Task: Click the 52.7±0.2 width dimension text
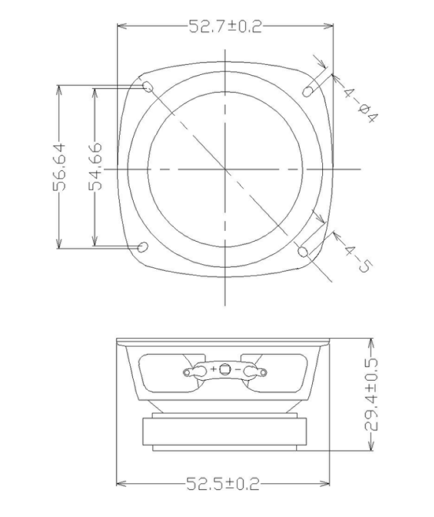click(x=226, y=26)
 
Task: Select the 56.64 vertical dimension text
click(x=60, y=167)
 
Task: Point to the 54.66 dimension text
click(x=95, y=167)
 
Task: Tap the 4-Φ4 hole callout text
click(x=360, y=103)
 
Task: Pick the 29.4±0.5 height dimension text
click(x=371, y=395)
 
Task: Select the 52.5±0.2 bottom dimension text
click(x=223, y=484)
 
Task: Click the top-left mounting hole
click(x=148, y=87)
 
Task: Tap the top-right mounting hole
click(x=308, y=91)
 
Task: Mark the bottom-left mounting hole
click(x=143, y=247)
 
